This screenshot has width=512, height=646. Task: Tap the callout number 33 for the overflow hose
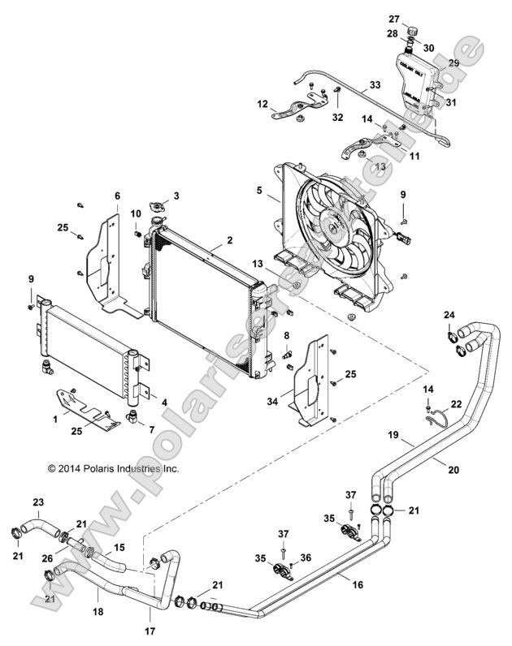pos(374,84)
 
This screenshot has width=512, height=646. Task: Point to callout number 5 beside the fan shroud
pos(259,192)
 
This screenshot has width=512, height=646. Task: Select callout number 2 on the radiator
pos(229,241)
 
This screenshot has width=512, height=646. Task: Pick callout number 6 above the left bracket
pos(117,196)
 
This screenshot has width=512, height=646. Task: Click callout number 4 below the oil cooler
pos(164,402)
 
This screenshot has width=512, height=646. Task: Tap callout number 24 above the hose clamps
pos(449,314)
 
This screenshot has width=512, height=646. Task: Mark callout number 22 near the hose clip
pos(456,404)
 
